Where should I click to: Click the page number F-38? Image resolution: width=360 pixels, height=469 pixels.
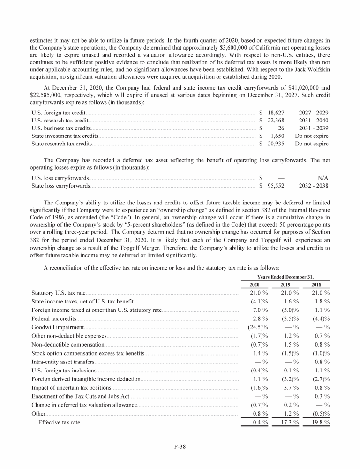(180, 446)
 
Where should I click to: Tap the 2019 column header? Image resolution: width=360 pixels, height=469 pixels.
(285, 284)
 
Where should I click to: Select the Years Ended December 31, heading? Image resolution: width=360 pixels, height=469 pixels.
(286, 276)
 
